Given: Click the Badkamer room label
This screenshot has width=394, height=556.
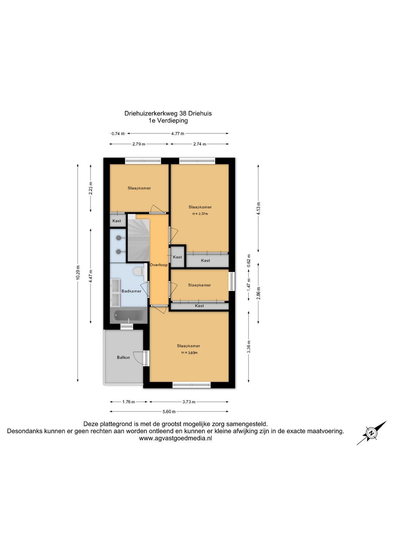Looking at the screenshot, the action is click(131, 291).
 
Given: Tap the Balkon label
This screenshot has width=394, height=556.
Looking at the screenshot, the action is click(123, 357).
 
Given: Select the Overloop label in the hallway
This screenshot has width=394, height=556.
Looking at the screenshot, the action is click(159, 265).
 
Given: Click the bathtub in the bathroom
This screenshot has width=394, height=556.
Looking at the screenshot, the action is click(129, 316).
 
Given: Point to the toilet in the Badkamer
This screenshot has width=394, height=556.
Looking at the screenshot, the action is click(139, 271).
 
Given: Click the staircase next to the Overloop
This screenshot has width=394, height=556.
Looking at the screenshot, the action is click(138, 238).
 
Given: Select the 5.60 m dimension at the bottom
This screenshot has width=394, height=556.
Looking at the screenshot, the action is click(169, 412).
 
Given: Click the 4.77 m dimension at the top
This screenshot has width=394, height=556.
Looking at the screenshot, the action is click(178, 134).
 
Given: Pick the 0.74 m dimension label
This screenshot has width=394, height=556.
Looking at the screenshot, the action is click(118, 134).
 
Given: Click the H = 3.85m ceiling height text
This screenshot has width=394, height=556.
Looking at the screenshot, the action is click(189, 353).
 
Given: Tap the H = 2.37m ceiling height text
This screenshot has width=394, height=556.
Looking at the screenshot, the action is click(200, 214).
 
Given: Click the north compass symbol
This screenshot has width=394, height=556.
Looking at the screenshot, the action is click(371, 433).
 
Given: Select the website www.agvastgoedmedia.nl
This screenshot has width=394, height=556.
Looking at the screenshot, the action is click(175, 438).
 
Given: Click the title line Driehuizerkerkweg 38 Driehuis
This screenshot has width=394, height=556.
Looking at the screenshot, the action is click(168, 113).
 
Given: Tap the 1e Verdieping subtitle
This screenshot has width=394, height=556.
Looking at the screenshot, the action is click(168, 121).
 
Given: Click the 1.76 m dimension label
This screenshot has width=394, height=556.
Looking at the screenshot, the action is click(128, 402).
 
